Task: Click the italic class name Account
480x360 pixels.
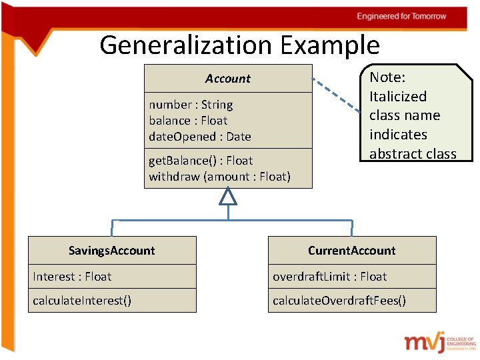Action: tap(228, 79)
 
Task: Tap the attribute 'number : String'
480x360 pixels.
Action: tap(191, 105)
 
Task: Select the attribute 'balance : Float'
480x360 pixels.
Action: tap(188, 121)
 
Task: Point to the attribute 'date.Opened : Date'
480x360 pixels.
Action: tap(200, 137)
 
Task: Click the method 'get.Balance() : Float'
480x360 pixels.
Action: tap(201, 161)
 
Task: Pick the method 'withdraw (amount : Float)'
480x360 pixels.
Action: tap(219, 177)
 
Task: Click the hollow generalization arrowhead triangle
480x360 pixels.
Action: tap(228, 196)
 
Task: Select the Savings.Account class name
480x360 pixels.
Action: tap(112, 251)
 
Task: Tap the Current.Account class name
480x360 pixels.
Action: tap(351, 251)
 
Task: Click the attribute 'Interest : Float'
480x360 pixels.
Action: tap(72, 277)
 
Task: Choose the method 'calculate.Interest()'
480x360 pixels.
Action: tap(82, 301)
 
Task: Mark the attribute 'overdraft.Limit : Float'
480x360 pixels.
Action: tap(329, 277)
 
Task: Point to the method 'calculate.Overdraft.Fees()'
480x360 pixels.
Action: tap(339, 301)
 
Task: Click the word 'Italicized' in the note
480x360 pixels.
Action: tap(398, 97)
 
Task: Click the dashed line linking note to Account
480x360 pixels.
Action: tap(337, 93)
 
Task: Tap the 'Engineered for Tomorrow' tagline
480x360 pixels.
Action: tap(401, 16)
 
